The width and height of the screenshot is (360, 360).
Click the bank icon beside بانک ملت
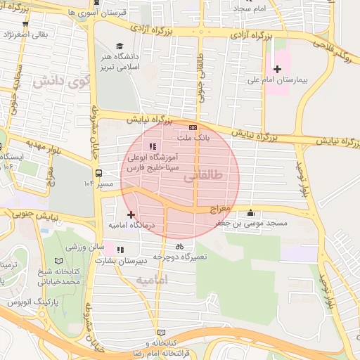tap(193, 127)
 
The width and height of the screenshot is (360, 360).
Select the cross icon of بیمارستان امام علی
tap(277, 69)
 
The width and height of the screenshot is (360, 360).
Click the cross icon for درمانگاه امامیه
tap(131, 214)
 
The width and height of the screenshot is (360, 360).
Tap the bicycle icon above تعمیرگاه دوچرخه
tap(179, 247)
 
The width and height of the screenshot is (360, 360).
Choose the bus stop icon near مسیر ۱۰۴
tap(98, 172)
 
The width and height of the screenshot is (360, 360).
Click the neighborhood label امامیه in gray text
tap(153, 280)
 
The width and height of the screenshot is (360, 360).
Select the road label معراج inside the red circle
tap(219, 210)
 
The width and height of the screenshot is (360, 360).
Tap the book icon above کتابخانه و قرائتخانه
tap(161, 332)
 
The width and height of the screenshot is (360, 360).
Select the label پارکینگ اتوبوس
tap(30, 302)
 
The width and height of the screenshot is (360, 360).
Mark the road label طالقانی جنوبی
tap(202, 77)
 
